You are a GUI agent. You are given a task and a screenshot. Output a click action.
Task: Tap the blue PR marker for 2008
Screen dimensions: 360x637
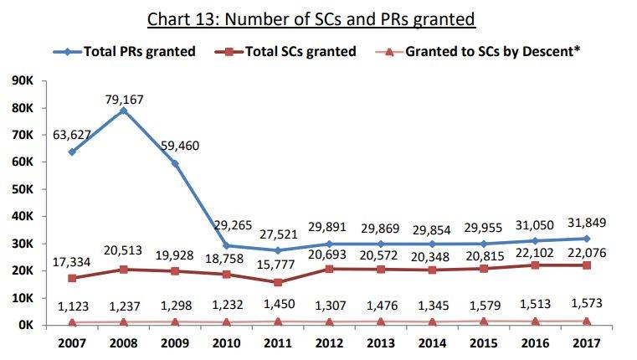[123, 111]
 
